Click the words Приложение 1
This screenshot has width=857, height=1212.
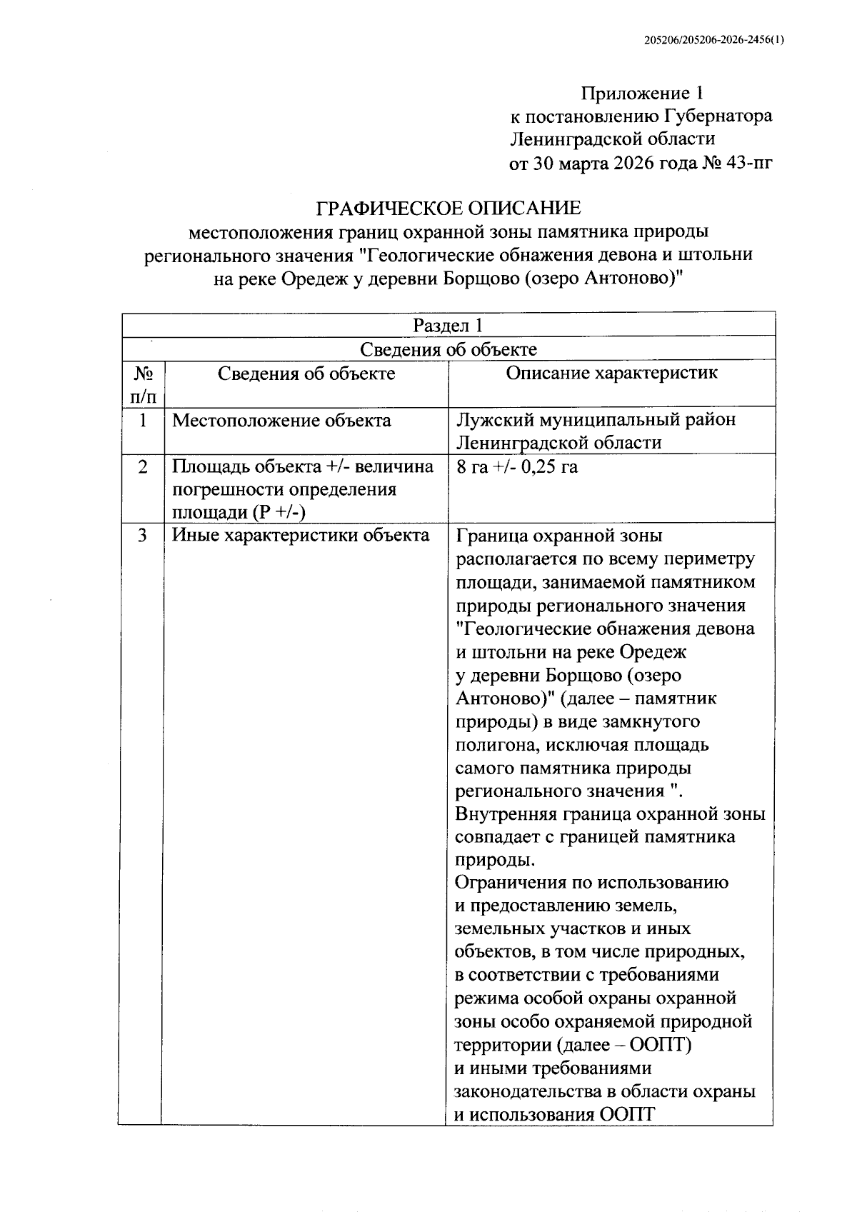(x=642, y=94)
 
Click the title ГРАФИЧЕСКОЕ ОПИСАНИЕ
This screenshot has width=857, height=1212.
(x=448, y=209)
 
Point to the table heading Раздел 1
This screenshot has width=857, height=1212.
(x=448, y=326)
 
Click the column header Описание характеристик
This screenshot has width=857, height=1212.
(x=611, y=373)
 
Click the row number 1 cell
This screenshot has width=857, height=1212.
(x=144, y=420)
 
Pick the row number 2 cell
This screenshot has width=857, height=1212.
(x=144, y=466)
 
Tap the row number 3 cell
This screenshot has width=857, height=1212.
(x=144, y=535)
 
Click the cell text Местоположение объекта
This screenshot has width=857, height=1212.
(x=281, y=420)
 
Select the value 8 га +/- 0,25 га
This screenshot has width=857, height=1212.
(x=516, y=467)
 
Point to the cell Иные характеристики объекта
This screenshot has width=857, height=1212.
(x=301, y=535)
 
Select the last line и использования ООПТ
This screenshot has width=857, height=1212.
(x=554, y=1115)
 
